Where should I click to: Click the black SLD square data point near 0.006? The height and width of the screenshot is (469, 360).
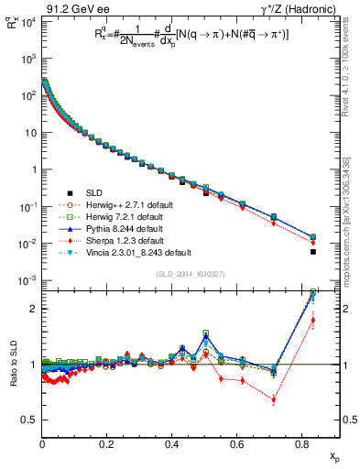coord(313,252)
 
